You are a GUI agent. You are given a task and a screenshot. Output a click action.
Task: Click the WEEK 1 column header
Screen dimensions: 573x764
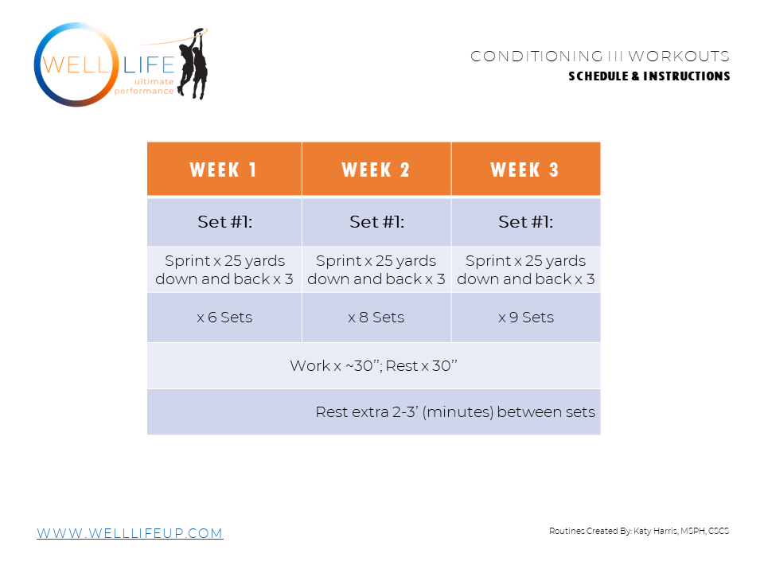224,170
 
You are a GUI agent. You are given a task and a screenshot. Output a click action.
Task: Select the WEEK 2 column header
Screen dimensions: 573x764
376,170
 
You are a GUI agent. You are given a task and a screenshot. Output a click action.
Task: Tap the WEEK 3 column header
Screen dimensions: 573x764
525,170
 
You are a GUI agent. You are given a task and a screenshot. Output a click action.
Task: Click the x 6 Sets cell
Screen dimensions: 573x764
224,317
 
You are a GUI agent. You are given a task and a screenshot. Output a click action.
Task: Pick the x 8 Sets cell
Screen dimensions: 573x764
376,317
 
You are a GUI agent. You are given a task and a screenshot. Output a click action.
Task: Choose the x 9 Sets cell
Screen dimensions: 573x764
525,317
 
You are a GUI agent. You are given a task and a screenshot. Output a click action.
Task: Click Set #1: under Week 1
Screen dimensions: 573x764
224,222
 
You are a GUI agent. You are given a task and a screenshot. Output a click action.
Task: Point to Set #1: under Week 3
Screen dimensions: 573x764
525,222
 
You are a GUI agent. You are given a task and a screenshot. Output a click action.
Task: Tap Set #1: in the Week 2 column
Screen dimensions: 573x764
376,222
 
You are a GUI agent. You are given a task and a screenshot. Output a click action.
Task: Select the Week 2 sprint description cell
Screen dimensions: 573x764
376,270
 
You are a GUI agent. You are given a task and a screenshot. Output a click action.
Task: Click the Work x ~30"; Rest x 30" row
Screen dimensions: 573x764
373,366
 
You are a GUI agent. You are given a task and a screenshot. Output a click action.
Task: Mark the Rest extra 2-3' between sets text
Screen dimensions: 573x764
455,412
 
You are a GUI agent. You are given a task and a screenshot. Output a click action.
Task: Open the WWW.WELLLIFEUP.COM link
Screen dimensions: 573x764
130,533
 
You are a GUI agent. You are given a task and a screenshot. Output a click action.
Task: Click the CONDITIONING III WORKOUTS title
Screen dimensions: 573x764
600,57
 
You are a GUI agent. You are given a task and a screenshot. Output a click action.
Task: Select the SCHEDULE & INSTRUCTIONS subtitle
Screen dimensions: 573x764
649,76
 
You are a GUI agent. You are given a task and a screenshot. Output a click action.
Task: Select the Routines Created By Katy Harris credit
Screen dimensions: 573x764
639,531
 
